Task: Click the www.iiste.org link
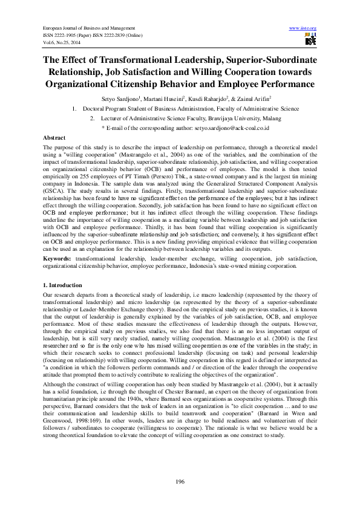(x=303, y=28)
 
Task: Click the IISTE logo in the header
(x=310, y=40)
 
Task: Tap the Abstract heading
(x=54, y=138)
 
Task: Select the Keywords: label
(x=57, y=258)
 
